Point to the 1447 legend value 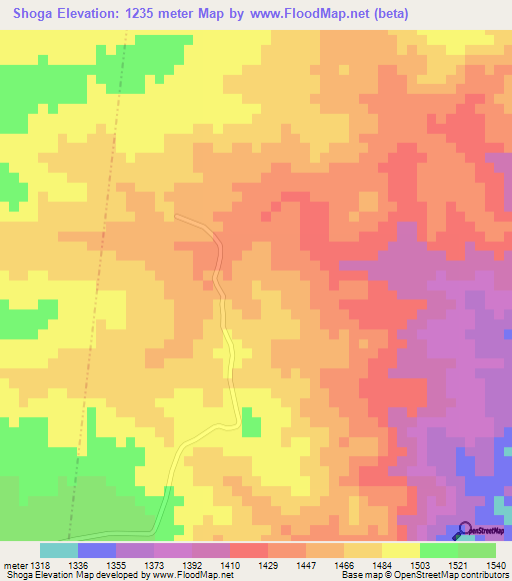click(323, 564)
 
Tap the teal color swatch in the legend click(59, 550)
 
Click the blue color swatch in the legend click(97, 550)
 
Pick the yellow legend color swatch click(401, 550)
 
